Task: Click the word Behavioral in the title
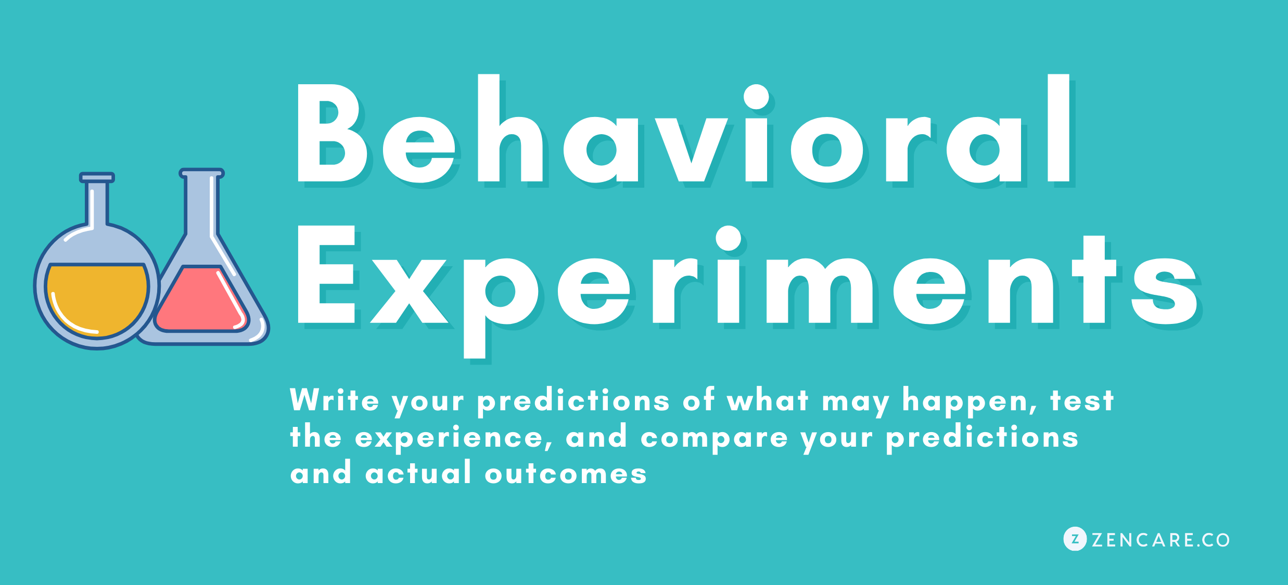tap(683, 129)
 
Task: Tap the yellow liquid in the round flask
tap(97, 300)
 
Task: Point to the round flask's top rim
tap(97, 177)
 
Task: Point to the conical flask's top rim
tap(201, 173)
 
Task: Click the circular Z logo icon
tap(1075, 539)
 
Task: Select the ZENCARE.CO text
tap(1161, 540)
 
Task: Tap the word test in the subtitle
tap(1082, 401)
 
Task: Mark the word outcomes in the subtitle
tap(566, 474)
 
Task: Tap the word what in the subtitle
tap(768, 401)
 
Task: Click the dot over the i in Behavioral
tap(756, 97)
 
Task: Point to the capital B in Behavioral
tap(332, 133)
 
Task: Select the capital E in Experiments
tap(326, 274)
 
